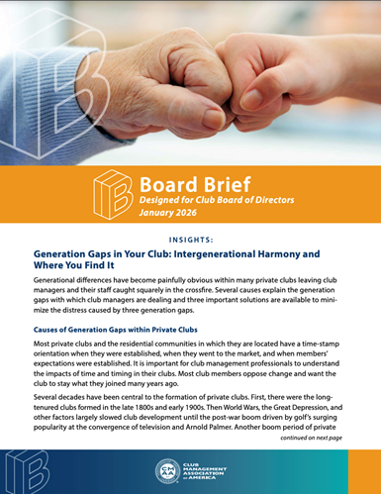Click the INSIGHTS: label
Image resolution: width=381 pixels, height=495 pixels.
pyautogui.click(x=190, y=239)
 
